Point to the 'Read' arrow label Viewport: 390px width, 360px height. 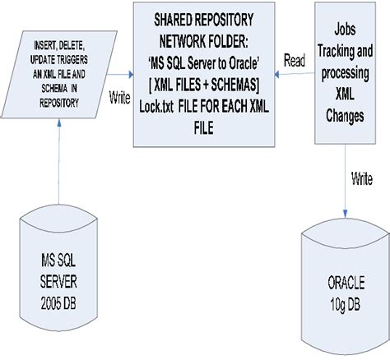point(295,61)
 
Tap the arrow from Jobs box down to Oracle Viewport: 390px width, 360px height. point(342,173)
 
